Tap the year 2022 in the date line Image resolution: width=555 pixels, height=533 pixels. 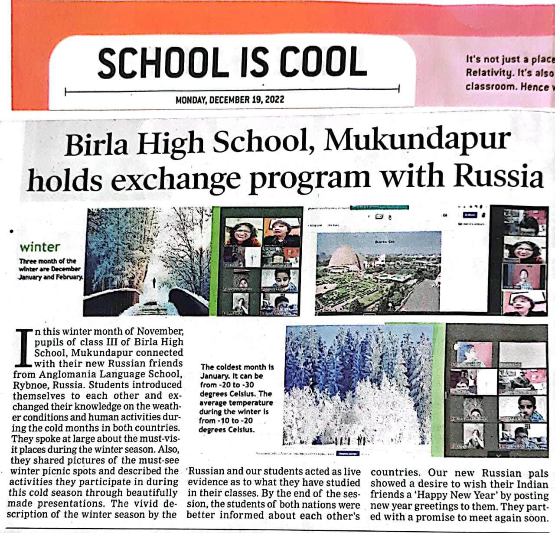pyautogui.click(x=274, y=100)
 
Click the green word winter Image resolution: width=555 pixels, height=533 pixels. pyautogui.click(x=40, y=247)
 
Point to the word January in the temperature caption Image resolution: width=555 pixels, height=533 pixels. pyautogui.click(x=214, y=376)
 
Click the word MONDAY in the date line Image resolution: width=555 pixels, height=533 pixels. pyautogui.click(x=191, y=100)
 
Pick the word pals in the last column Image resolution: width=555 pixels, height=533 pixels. pyautogui.click(x=538, y=473)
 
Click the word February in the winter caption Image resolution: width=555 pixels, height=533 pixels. pyautogui.click(x=69, y=277)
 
